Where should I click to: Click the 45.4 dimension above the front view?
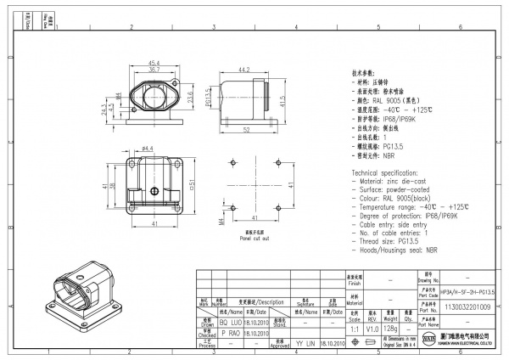pos(155,63)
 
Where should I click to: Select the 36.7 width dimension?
pos(155,70)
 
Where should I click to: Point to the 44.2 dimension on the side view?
pos(243,70)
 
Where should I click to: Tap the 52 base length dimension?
pos(244,130)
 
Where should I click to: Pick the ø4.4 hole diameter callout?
pos(146,149)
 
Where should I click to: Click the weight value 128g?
pos(389,329)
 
